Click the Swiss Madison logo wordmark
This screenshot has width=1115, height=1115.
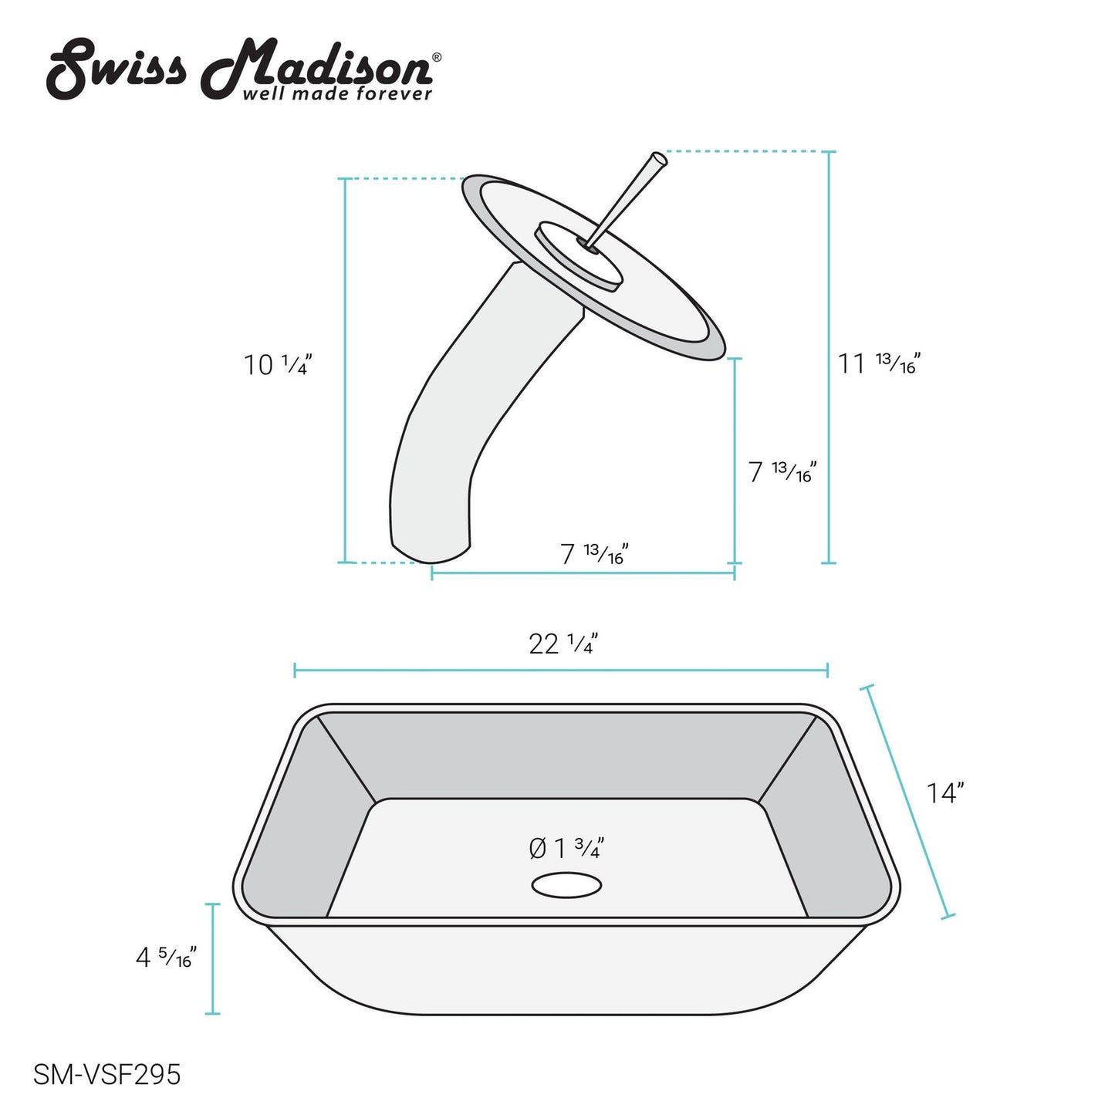click(x=239, y=69)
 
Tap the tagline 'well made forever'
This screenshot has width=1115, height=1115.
click(x=337, y=94)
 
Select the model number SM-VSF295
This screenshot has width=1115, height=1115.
click(x=106, y=1074)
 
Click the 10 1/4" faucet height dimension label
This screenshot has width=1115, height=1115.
click(x=278, y=365)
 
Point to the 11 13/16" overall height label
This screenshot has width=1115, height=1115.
click(x=879, y=363)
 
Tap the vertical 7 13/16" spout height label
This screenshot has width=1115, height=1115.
click(x=782, y=471)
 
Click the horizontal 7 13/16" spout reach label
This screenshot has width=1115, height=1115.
click(x=593, y=553)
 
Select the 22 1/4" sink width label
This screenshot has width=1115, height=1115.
click(x=563, y=644)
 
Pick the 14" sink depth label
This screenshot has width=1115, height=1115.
click(x=944, y=793)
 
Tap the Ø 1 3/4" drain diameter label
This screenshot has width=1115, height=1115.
click(x=566, y=849)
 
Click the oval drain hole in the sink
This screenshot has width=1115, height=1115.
click(x=566, y=885)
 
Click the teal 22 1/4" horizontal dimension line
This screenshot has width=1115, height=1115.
click(x=561, y=670)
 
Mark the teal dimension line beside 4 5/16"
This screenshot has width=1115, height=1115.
click(x=214, y=958)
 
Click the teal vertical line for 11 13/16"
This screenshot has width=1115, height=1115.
click(x=829, y=357)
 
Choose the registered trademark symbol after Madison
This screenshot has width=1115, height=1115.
click(x=437, y=57)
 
